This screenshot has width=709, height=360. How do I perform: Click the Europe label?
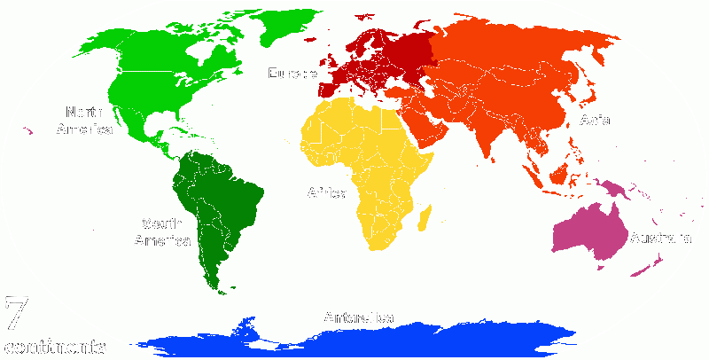click(x=292, y=74)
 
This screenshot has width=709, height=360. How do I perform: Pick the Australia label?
click(x=659, y=238)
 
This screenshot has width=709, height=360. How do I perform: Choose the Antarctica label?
click(x=359, y=317)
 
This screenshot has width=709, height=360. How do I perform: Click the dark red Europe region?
click(x=390, y=58)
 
